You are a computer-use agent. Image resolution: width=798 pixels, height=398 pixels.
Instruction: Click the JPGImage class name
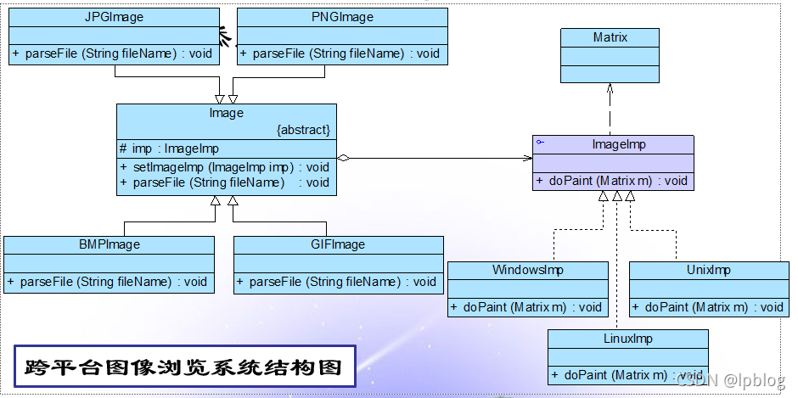115,16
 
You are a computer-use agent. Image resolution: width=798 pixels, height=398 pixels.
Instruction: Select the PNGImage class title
342,16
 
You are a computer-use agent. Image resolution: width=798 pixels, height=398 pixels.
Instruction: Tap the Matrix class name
610,36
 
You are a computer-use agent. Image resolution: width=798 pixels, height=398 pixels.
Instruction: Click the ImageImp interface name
619,144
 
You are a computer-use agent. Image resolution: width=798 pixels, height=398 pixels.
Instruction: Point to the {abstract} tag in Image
303,130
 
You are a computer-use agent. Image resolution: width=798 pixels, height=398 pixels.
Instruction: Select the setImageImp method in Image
225,166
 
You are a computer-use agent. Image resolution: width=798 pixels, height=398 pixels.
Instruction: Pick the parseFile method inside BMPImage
109,282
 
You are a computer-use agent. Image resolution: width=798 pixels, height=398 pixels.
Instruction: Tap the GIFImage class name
338,244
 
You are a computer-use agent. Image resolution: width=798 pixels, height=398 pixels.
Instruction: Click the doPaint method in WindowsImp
527,307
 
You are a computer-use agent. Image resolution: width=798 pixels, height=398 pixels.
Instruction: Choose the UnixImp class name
708,270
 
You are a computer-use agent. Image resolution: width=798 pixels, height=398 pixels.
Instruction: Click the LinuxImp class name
627,339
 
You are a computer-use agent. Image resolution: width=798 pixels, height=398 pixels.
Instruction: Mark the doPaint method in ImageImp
612,181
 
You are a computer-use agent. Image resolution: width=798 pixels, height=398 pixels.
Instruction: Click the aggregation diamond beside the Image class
343,158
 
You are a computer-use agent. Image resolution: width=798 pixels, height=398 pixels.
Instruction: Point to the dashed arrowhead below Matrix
610,87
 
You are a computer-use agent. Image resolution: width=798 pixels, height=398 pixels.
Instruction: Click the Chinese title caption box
184,367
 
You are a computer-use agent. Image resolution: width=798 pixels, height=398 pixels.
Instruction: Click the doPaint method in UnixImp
709,307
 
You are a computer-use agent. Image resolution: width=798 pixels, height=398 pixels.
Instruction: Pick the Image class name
226,113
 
